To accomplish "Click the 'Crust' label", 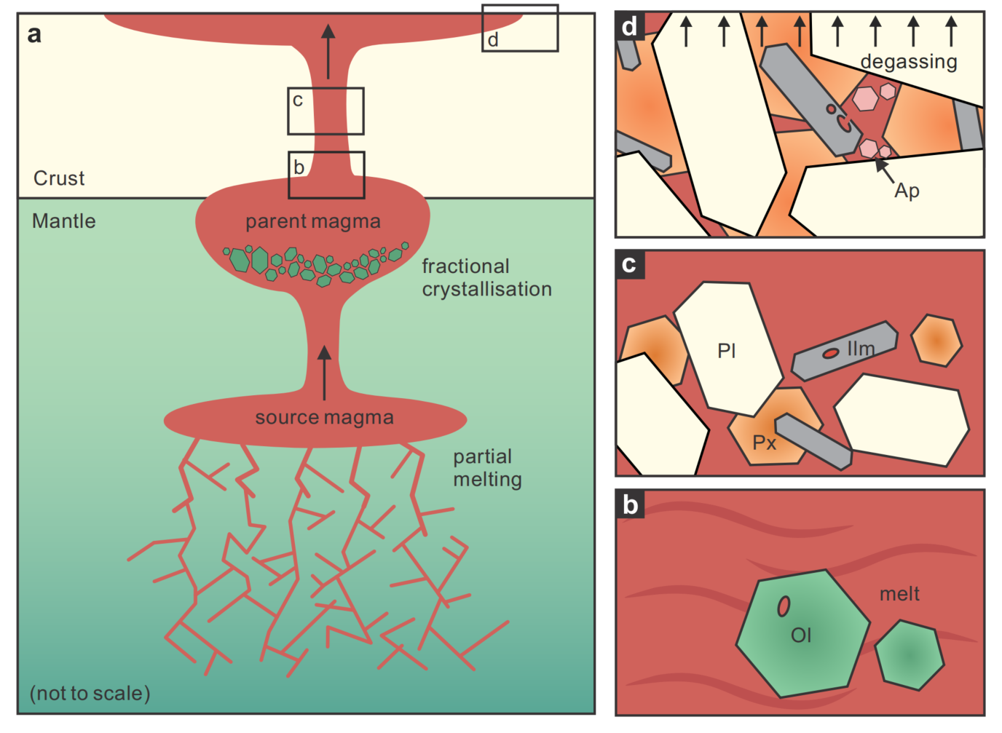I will pyautogui.click(x=59, y=178).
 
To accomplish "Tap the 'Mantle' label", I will pyautogui.click(x=63, y=221).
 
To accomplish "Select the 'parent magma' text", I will pyautogui.click(x=312, y=221).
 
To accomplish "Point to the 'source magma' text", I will pyautogui.click(x=324, y=418).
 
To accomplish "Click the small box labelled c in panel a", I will pyautogui.click(x=326, y=111).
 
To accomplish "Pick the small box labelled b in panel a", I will pyautogui.click(x=326, y=175).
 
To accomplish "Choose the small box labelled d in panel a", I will pyautogui.click(x=520, y=28).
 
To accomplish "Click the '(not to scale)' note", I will pyautogui.click(x=90, y=693).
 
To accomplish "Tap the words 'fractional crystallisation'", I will pyautogui.click(x=486, y=278).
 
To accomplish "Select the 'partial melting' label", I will pyautogui.click(x=487, y=468).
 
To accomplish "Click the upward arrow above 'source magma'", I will pyautogui.click(x=325, y=371).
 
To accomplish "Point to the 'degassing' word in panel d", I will pyautogui.click(x=909, y=62).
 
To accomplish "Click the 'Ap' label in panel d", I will pyautogui.click(x=907, y=191).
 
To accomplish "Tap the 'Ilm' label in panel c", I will pyautogui.click(x=861, y=349).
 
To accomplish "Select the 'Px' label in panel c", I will pyautogui.click(x=764, y=443).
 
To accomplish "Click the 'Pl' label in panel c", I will pyautogui.click(x=727, y=351).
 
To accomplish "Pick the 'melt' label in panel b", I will pyautogui.click(x=899, y=595).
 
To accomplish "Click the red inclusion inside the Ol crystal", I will pyautogui.click(x=784, y=606).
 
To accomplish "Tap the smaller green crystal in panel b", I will pyautogui.click(x=910, y=655).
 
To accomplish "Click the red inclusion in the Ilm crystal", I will pyautogui.click(x=831, y=354).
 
